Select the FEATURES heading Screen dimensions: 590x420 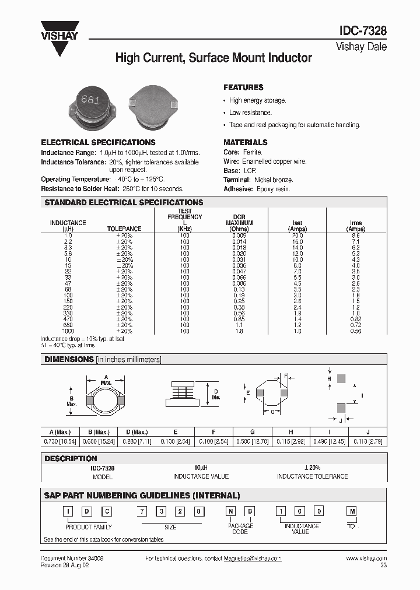pos(243,87)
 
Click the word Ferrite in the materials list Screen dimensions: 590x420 pos(254,152)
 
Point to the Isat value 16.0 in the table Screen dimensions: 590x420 pos(297,241)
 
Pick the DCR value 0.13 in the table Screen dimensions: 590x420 pos(239,289)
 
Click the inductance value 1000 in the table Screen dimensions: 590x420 pos(68,331)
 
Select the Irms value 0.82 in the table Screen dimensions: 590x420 pos(356,319)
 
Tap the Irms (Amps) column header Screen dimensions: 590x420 pos(356,226)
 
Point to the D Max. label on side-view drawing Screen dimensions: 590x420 pos(216,394)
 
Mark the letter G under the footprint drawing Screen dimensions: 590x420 pos(272,412)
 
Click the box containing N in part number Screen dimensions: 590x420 pos(232,511)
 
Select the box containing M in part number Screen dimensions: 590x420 pos(352,511)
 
